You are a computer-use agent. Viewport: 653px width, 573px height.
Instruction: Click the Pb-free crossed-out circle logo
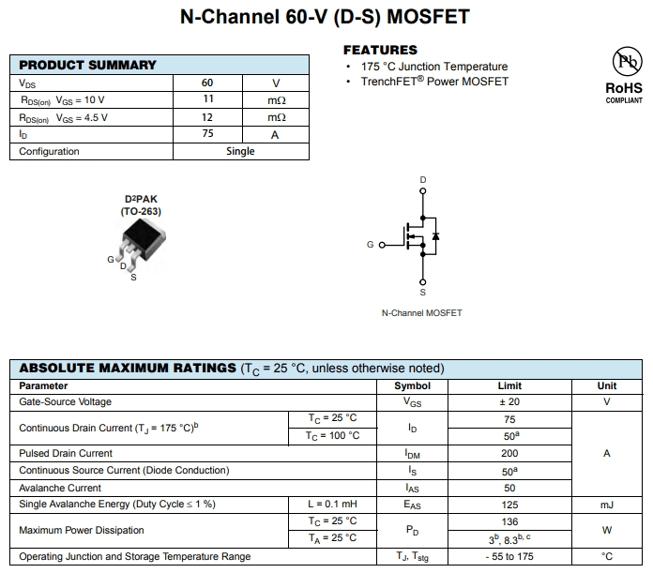624,63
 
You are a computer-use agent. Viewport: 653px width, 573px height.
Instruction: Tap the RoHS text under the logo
624,88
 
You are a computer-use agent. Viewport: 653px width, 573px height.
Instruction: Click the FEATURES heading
380,50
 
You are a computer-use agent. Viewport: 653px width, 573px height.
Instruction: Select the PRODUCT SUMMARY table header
88,65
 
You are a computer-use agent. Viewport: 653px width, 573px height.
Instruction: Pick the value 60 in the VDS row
207,83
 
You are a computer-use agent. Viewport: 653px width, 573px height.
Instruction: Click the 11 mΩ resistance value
207,100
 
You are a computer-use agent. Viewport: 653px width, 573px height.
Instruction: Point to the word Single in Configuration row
240,151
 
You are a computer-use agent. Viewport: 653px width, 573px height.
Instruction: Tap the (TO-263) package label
141,211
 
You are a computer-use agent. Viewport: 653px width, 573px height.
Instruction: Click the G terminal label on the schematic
371,245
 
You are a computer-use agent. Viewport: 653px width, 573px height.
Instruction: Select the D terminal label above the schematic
423,179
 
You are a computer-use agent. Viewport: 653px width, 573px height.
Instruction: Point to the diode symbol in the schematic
435,235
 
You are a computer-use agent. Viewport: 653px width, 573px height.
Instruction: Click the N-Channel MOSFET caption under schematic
422,312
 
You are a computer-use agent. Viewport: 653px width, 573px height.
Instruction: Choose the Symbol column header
412,385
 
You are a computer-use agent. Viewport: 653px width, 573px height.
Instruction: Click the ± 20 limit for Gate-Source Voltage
509,401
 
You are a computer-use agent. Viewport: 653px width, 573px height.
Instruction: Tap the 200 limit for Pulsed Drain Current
509,453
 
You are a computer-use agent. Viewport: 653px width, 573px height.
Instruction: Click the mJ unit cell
607,505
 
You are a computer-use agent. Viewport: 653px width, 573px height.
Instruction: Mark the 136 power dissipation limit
509,521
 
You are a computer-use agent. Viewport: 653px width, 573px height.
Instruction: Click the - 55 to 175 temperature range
509,556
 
